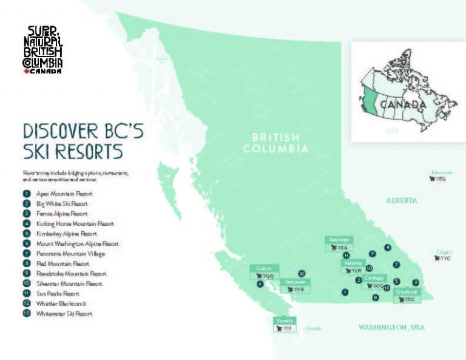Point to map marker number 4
[x=388, y=247]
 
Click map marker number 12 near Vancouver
[x=302, y=273]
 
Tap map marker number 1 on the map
[x=345, y=292]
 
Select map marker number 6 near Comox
[x=260, y=284]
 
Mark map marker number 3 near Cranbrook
[x=415, y=282]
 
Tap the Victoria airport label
[x=284, y=325]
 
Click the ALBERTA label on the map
[x=402, y=200]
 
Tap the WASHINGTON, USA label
[x=391, y=328]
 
